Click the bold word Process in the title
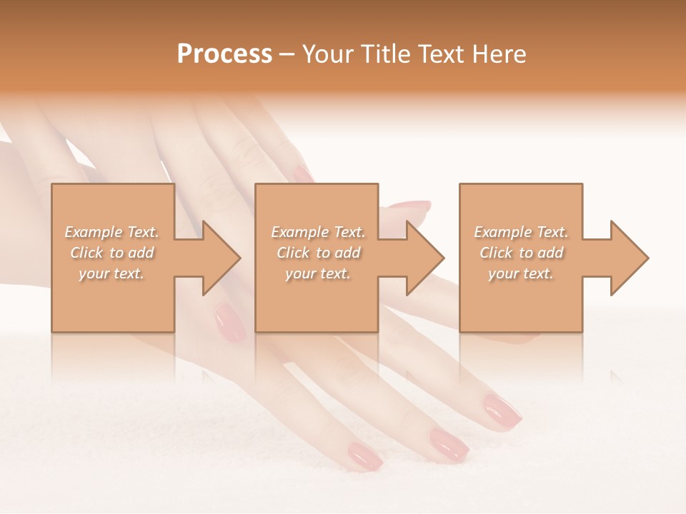pos(224,54)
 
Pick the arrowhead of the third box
pos(628,258)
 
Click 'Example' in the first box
pos(94,232)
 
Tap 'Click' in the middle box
pos(292,253)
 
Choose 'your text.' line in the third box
pos(520,273)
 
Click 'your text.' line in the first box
pos(111,273)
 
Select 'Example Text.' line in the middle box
pos(317,232)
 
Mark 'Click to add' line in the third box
pos(522,253)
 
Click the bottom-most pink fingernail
pos(365,455)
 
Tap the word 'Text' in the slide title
pos(441,54)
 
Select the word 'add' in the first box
pos(141,253)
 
